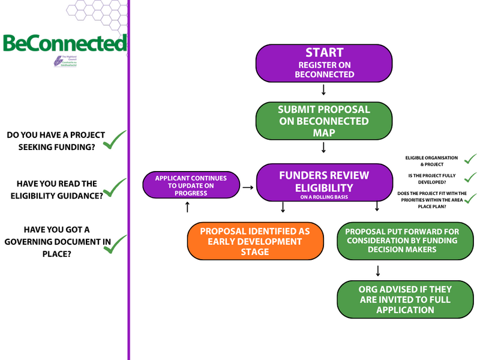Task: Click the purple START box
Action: tap(324, 63)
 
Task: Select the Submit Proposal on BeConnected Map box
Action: tap(324, 121)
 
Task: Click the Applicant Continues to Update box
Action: tap(190, 185)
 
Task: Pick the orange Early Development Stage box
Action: tap(256, 241)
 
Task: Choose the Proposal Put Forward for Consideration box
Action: tap(401, 241)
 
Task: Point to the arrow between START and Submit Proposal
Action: tap(324, 91)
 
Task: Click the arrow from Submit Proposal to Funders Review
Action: tap(324, 148)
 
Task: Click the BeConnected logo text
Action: tap(64, 44)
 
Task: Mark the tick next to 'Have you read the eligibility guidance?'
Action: tap(115, 187)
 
